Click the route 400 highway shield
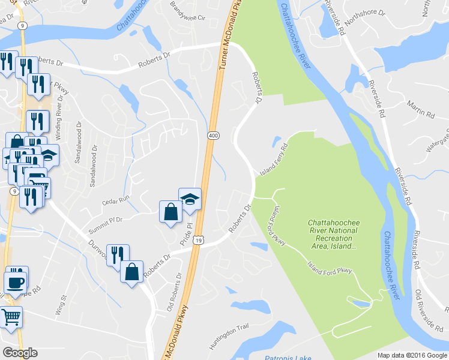(x=213, y=136)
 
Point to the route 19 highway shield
(x=199, y=240)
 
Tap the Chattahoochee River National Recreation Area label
(x=334, y=234)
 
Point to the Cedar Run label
(x=116, y=199)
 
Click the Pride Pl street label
(x=185, y=233)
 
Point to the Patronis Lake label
(x=288, y=358)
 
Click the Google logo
(x=20, y=352)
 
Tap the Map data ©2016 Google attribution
(x=412, y=355)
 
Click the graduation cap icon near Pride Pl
(x=190, y=199)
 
